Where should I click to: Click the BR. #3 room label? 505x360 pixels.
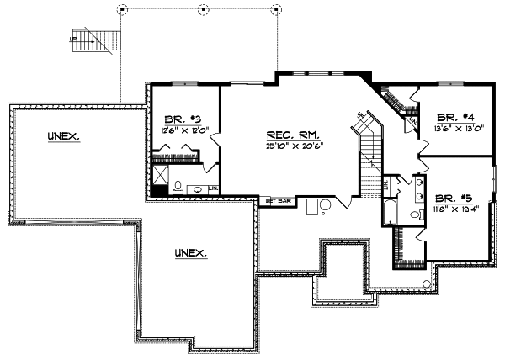179,119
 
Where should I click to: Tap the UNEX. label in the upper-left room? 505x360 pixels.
64,136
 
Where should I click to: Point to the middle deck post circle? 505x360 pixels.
202,9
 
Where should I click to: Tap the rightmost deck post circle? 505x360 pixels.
277,9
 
